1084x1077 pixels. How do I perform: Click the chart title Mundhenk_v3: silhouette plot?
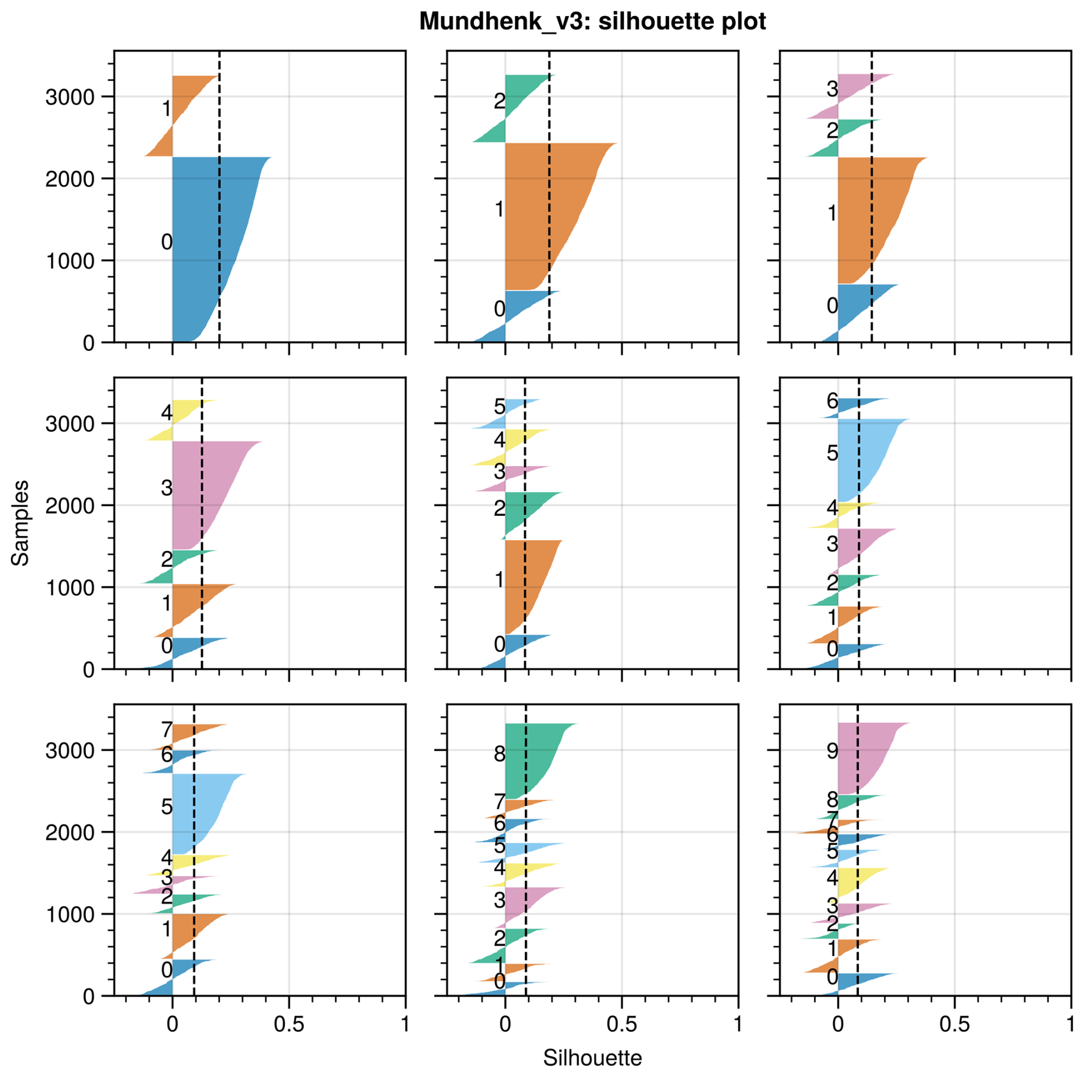[592, 21]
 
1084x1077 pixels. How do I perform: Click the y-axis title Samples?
[20, 523]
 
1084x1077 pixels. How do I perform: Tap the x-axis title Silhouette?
[592, 1058]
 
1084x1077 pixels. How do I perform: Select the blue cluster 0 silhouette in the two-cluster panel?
[206, 246]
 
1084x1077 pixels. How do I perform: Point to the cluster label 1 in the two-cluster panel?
[166, 108]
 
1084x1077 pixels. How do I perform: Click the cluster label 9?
[832, 750]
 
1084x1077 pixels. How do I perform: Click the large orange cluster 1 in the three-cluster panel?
[544, 212]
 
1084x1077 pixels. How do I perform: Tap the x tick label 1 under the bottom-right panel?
[1070, 1024]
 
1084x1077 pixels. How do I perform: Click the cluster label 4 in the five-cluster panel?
[166, 412]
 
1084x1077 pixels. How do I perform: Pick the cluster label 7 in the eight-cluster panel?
[166, 730]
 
